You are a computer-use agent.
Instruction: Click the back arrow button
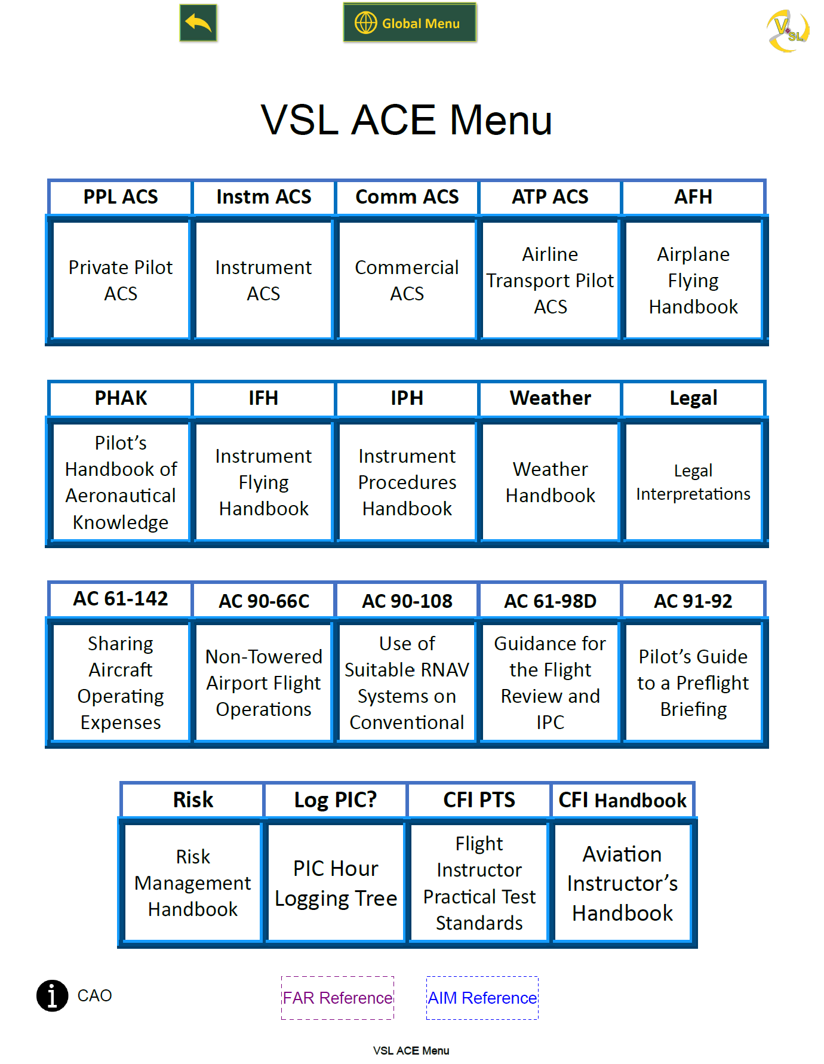tap(198, 23)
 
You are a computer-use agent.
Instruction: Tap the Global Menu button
tap(410, 23)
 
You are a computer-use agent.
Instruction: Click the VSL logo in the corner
tap(788, 30)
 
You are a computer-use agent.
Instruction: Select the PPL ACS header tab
tap(121, 197)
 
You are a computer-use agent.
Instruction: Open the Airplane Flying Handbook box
tap(693, 280)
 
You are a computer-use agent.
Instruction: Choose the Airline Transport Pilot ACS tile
tap(550, 280)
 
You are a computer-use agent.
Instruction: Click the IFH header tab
tap(263, 398)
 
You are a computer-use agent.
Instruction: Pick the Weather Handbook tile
tap(550, 482)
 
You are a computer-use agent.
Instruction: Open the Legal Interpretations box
tap(693, 482)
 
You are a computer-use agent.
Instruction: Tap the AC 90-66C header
tap(263, 601)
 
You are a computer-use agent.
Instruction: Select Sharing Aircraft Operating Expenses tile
tap(121, 682)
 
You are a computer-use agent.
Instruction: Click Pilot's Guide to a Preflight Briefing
tap(693, 682)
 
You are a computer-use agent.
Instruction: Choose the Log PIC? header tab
tap(336, 800)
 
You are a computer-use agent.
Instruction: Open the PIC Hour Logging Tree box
tap(336, 883)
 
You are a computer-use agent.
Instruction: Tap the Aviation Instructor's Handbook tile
tap(622, 883)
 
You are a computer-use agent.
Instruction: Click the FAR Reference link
tap(337, 998)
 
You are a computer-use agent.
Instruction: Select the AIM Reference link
tap(482, 998)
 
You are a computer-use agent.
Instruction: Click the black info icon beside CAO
tap(53, 996)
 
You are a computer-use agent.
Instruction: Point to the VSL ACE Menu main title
tap(407, 121)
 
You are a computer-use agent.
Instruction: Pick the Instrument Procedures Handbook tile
tap(407, 482)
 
